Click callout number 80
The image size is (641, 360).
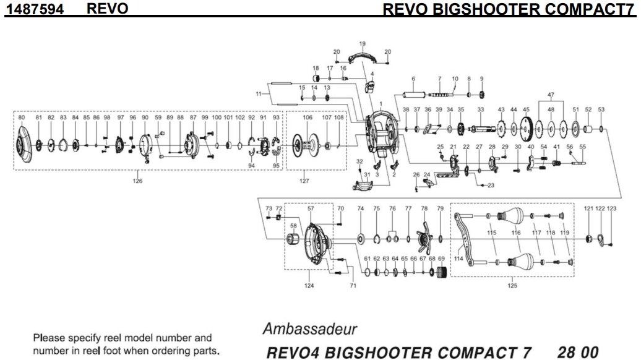22,117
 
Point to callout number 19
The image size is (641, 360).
363,44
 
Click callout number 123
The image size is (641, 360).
612,210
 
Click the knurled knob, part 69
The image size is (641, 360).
441,273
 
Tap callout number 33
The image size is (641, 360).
480,109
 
